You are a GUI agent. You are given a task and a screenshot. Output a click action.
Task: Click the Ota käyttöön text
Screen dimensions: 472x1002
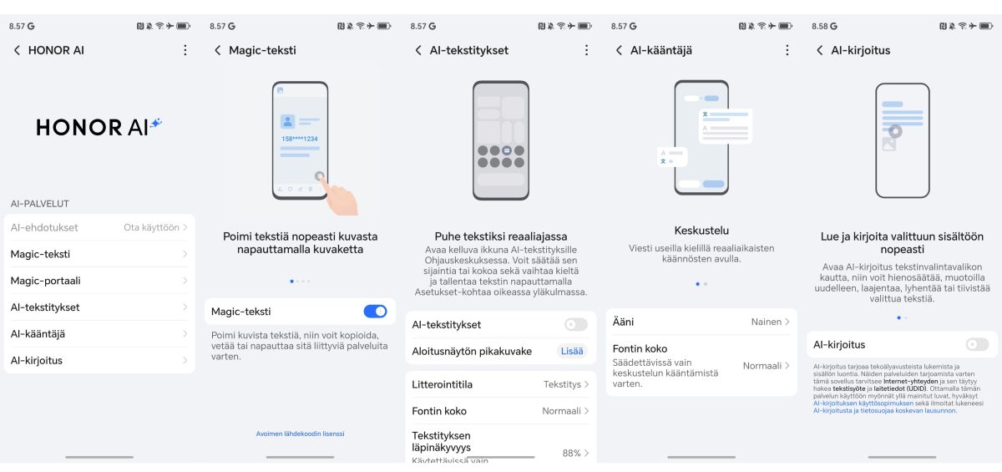tap(151, 227)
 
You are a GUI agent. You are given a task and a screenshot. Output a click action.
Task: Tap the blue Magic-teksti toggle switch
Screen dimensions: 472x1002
tap(375, 312)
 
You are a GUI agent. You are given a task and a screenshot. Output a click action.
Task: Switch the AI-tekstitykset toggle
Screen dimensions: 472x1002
tap(575, 324)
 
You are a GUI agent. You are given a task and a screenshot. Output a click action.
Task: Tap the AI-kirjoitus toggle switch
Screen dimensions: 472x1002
tap(976, 344)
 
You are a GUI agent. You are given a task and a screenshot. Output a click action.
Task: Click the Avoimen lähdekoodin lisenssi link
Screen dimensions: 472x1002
tap(300, 434)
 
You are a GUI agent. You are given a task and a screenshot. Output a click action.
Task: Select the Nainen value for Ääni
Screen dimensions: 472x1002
tap(767, 322)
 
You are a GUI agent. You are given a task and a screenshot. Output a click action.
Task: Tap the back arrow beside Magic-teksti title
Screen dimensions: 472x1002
tap(218, 50)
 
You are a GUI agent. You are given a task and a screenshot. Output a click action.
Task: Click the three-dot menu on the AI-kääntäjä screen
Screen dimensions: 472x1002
tap(787, 50)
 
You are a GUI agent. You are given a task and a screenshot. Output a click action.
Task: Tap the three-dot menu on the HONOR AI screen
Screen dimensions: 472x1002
tap(185, 50)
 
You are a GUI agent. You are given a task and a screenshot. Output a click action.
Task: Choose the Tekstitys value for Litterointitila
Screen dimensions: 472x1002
tap(562, 384)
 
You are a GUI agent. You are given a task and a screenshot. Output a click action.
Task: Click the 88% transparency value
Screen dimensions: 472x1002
tap(572, 453)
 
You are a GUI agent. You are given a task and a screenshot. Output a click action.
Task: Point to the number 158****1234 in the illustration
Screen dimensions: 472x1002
tap(299, 139)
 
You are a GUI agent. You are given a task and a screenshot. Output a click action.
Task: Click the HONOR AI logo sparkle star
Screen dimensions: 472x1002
tap(155, 124)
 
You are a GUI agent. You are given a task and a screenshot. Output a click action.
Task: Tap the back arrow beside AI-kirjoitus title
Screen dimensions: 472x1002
tap(819, 50)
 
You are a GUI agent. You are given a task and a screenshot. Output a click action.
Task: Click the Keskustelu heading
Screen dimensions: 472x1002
tap(701, 231)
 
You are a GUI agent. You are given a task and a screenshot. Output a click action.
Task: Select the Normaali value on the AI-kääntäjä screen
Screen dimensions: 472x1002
tap(762, 366)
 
